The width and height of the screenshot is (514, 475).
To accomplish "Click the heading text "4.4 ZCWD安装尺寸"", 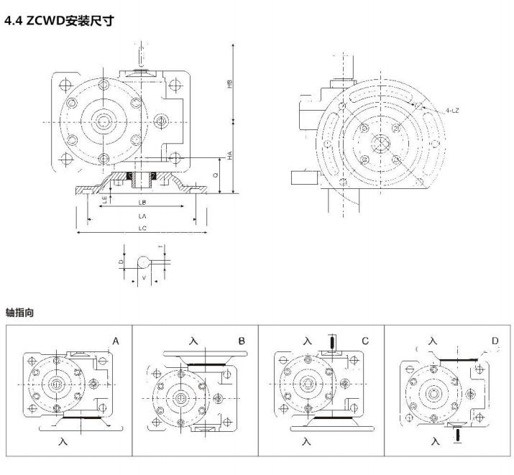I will coord(59,21).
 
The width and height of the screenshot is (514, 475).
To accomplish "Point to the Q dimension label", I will coord(216,175).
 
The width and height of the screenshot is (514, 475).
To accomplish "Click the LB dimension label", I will coord(142,203).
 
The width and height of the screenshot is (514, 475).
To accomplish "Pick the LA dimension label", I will coord(142,216).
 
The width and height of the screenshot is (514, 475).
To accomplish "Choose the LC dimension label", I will coord(142,229).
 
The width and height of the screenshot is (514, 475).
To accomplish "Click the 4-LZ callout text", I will coord(453,111).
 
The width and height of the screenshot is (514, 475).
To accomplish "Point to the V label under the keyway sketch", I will coord(144,275).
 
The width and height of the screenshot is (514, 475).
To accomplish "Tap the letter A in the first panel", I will coord(115,341).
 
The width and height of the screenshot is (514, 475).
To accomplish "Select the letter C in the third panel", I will coord(365,341).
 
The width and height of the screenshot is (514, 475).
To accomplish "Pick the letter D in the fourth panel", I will coord(494,341).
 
